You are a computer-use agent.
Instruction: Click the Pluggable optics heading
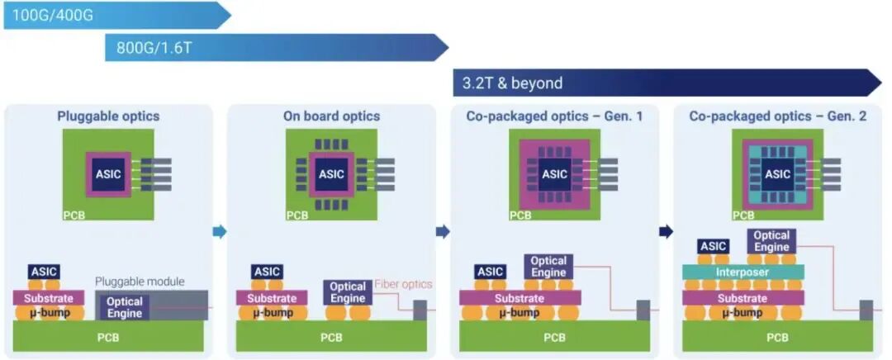pyautogui.click(x=108, y=116)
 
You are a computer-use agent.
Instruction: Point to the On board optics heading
pyautogui.click(x=331, y=116)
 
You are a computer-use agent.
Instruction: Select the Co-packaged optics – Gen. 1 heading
pyautogui.click(x=554, y=116)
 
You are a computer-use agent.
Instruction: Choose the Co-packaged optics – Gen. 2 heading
pyautogui.click(x=777, y=116)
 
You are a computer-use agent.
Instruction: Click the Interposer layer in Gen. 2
pyautogui.click(x=743, y=272)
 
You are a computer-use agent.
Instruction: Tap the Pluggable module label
pyautogui.click(x=140, y=282)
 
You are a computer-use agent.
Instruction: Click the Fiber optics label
pyautogui.click(x=403, y=284)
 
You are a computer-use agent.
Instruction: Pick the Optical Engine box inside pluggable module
pyautogui.click(x=125, y=307)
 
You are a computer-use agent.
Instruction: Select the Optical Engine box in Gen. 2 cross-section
pyautogui.click(x=771, y=241)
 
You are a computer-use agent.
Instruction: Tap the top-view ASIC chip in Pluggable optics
pyautogui.click(x=108, y=174)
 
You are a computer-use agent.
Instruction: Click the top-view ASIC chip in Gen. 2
pyautogui.click(x=777, y=174)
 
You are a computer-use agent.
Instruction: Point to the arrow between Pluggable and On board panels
pyautogui.click(x=219, y=232)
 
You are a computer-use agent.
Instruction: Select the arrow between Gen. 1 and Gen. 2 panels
pyautogui.click(x=666, y=232)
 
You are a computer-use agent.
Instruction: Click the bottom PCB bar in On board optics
pyautogui.click(x=331, y=337)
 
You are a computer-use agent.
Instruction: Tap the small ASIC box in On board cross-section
pyautogui.click(x=267, y=272)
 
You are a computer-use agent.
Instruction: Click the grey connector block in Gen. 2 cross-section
pyautogui.click(x=866, y=310)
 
